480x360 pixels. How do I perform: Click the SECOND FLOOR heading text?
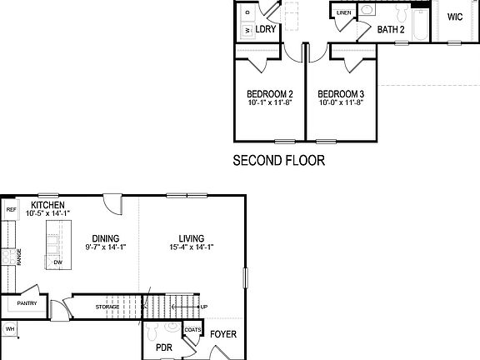click(278, 161)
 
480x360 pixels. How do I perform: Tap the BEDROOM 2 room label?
click(269, 93)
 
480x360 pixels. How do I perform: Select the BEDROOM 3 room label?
click(341, 93)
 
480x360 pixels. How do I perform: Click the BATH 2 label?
click(391, 30)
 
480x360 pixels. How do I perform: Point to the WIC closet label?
click(455, 17)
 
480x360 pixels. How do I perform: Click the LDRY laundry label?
click(266, 29)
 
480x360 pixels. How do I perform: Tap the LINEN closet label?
click(344, 13)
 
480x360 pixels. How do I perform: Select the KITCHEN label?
click(48, 205)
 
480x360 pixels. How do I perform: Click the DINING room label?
click(104, 237)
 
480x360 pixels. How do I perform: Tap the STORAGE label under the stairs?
click(107, 307)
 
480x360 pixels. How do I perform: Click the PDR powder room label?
click(163, 348)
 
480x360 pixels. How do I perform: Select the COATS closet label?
click(192, 329)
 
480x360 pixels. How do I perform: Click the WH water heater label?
click(10, 330)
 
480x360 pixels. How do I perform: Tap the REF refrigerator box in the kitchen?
click(11, 210)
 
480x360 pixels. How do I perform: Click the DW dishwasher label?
click(57, 262)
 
